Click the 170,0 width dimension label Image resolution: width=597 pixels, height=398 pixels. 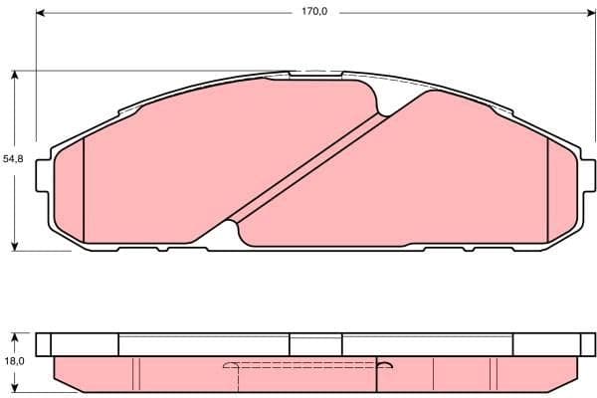(316, 13)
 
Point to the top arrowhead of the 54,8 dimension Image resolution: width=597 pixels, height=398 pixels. (15, 75)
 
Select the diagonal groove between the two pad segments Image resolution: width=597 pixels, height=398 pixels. (308, 165)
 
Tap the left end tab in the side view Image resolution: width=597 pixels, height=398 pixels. (43, 343)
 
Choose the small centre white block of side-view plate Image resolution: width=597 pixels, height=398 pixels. (316, 343)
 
